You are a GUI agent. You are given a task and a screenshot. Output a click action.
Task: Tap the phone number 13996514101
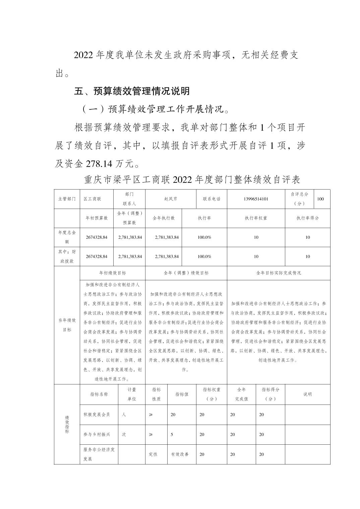point(256,199)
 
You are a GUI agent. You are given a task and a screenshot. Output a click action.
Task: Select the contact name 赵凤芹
point(171,199)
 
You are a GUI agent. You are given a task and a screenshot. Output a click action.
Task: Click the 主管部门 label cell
point(67,199)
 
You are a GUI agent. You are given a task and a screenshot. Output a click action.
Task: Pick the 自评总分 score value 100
point(320,199)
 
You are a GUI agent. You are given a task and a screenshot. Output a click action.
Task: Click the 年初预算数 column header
point(97,218)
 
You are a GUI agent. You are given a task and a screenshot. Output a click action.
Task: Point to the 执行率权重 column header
point(256,218)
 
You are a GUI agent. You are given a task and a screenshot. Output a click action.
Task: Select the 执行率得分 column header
point(307,218)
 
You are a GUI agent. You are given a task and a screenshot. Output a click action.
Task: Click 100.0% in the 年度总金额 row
point(204,237)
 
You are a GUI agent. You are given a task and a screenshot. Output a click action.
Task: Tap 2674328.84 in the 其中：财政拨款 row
point(97,257)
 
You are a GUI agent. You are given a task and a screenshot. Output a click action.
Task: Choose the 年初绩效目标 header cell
point(113,273)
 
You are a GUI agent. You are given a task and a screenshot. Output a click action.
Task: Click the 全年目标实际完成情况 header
point(278,273)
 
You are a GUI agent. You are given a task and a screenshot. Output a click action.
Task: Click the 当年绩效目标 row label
point(67,325)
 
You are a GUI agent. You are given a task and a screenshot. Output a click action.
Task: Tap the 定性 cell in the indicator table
point(153,454)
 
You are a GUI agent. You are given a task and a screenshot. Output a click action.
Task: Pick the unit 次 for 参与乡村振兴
point(124,434)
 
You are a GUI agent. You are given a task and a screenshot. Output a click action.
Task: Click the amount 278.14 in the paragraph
point(100,164)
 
